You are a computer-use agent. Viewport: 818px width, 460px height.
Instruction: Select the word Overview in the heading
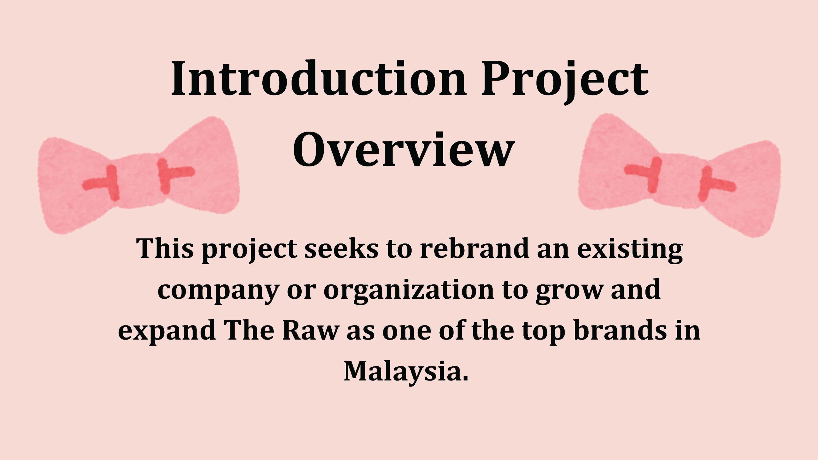pos(404,149)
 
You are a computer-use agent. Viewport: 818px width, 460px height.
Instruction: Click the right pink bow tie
pos(679,176)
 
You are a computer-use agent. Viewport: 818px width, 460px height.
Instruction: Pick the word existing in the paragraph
pos(630,250)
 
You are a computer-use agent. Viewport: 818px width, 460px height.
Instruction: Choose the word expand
pos(166,331)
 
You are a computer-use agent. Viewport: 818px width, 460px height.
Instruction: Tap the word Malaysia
pos(406,372)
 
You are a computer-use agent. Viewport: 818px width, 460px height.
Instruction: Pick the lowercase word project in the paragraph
pos(250,250)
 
